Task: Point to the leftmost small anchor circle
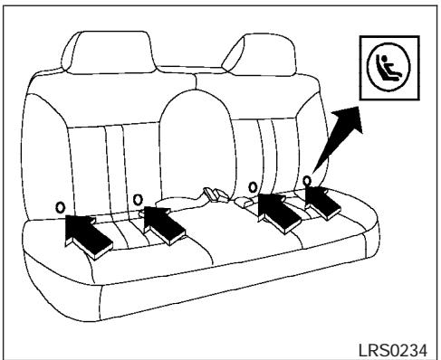[61, 205]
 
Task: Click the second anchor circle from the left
[138, 199]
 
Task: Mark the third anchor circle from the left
[254, 188]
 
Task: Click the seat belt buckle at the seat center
[214, 195]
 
